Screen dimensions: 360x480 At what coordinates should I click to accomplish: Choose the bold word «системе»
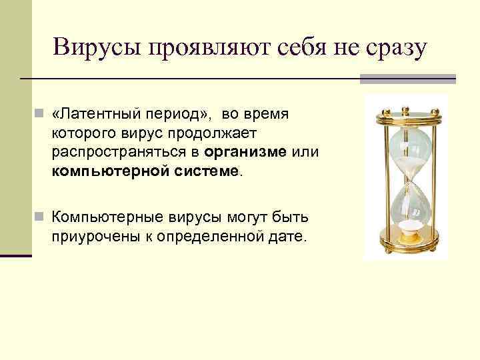coord(207,171)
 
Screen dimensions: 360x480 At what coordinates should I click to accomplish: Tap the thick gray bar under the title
coord(407,79)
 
